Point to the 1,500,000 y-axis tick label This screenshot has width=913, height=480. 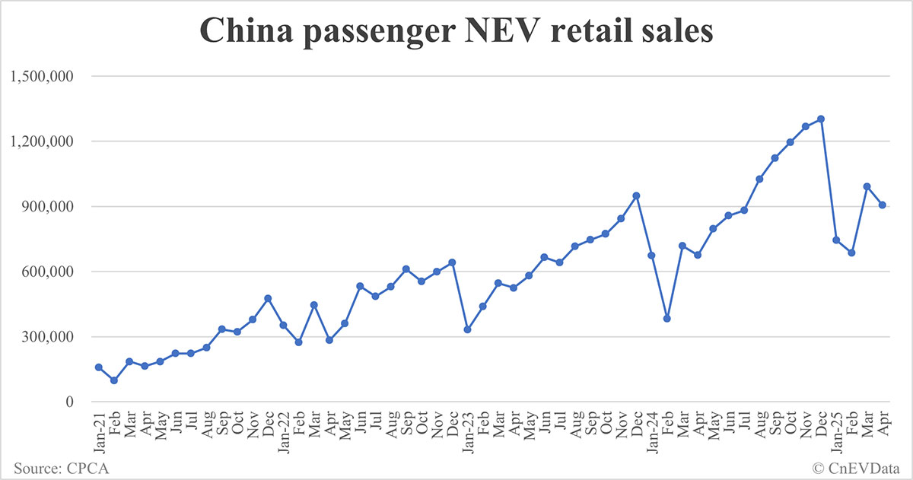40,76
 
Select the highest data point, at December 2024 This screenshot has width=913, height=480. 821,119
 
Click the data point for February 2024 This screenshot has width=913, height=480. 667,319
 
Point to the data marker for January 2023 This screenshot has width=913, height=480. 467,329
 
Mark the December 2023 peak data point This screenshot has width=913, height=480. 636,195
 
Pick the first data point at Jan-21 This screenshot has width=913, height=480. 99,367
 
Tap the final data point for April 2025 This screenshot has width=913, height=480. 883,205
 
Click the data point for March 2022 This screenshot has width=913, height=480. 313,305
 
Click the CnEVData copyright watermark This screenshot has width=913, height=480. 858,466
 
